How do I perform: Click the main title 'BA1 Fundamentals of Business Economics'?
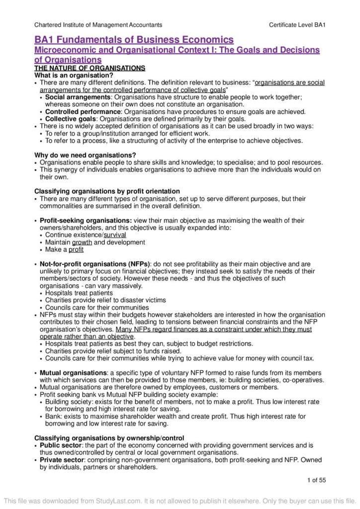point(134,40)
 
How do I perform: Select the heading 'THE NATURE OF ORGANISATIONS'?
point(90,68)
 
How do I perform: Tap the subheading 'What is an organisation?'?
point(74,75)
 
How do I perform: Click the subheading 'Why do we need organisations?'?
point(84,156)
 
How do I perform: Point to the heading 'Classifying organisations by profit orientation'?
point(107,191)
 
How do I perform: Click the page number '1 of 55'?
point(315,480)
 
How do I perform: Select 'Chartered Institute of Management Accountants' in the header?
point(98,25)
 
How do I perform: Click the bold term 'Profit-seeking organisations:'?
point(86,220)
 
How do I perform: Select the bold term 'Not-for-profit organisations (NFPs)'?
point(95,264)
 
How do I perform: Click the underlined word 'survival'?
point(114,235)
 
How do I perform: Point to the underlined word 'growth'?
point(82,242)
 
